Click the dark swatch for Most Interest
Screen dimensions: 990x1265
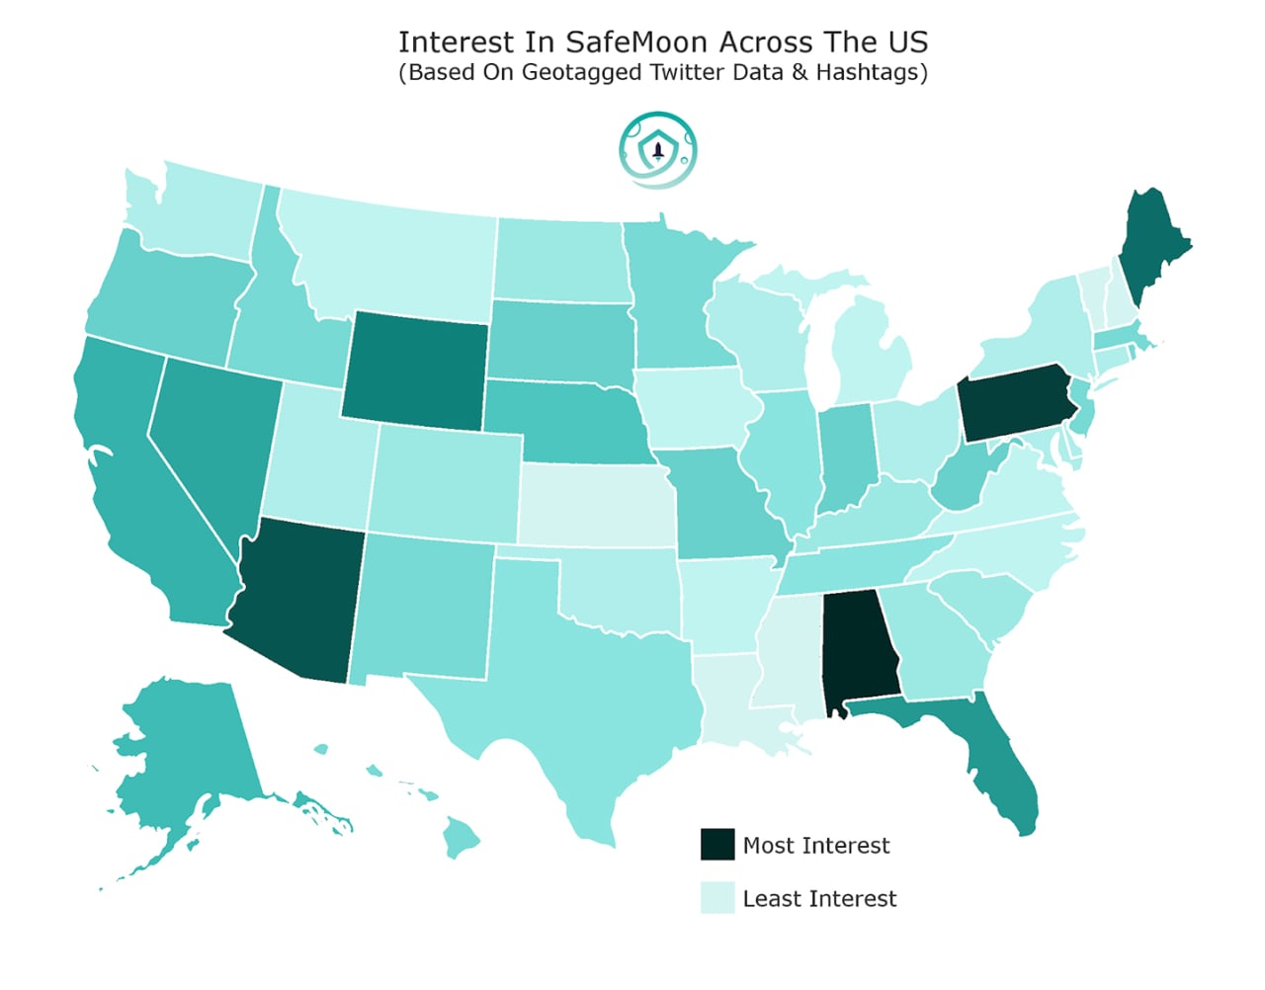point(717,845)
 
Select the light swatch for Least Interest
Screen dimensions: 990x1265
point(717,898)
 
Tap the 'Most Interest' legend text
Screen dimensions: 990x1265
point(816,846)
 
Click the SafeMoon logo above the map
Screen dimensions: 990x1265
point(658,150)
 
